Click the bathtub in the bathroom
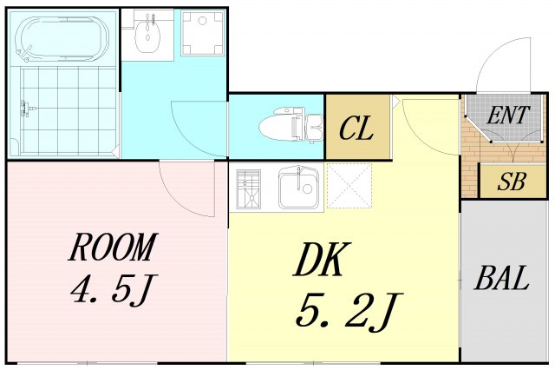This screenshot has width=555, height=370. (x=62, y=37)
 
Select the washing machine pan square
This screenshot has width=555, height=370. (x=202, y=33)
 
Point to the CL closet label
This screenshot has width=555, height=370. (x=356, y=129)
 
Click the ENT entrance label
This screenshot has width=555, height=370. (x=508, y=115)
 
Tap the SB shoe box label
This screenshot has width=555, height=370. (x=511, y=182)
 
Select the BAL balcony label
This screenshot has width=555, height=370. (x=501, y=278)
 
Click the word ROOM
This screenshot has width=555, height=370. (x=113, y=247)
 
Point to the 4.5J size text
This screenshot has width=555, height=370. (x=114, y=289)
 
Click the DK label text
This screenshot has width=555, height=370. (x=322, y=260)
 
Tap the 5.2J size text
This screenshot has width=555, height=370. (x=349, y=312)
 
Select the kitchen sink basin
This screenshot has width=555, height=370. (x=298, y=188)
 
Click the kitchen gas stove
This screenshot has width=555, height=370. (x=249, y=188)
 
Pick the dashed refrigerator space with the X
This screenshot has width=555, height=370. (x=349, y=186)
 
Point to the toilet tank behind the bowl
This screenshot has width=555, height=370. (x=314, y=127)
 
